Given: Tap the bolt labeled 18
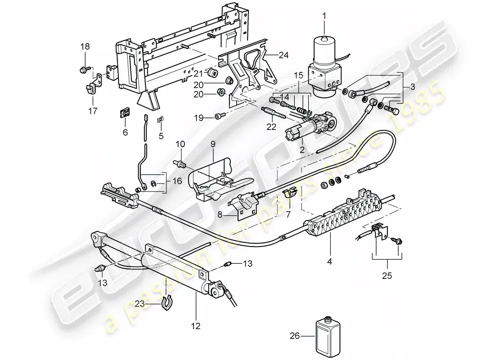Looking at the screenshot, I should [85, 69].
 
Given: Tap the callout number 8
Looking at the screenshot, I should [220, 215].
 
